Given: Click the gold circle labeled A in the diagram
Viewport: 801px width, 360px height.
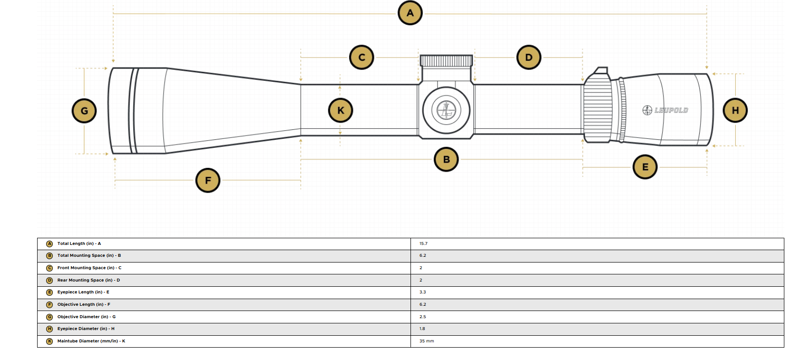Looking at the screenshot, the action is click(x=410, y=13).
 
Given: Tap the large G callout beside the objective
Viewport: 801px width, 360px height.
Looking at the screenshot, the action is click(x=84, y=111).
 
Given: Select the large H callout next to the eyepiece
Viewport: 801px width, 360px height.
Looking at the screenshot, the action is click(x=735, y=110).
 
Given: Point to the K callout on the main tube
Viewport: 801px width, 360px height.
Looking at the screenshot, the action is click(x=341, y=110).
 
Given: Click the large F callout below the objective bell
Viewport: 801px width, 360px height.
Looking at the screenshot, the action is click(x=208, y=180).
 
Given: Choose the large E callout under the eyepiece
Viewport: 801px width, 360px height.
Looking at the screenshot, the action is click(x=645, y=167).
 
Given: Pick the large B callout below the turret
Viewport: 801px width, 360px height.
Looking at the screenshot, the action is click(x=446, y=159).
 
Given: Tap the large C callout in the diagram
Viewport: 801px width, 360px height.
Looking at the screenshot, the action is click(x=361, y=57).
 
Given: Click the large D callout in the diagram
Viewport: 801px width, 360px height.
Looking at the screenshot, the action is click(x=529, y=57).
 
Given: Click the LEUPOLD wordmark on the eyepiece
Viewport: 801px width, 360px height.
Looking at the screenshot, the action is click(x=665, y=110).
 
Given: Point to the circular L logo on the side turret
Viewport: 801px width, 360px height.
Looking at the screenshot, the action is click(x=446, y=110).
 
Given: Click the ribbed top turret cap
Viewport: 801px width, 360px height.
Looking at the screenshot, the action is click(x=446, y=61).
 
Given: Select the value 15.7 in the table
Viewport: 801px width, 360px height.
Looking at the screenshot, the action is click(x=423, y=244).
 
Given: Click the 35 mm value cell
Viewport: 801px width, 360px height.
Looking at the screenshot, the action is click(x=427, y=341).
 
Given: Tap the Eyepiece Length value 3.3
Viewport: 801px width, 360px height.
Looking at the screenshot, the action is click(x=423, y=292).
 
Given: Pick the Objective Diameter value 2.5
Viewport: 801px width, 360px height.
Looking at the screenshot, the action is click(x=423, y=317).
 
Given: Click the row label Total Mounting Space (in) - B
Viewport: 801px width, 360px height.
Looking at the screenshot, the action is click(x=89, y=255).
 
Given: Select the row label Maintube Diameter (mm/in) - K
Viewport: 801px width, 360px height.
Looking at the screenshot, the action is click(x=91, y=341).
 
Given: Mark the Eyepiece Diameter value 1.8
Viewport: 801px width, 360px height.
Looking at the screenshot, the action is click(x=422, y=329).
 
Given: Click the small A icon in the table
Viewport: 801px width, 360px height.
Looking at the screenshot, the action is click(x=49, y=244).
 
